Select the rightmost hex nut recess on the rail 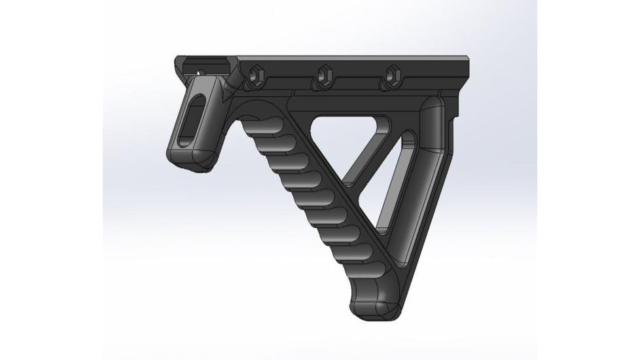coord(393,75)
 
